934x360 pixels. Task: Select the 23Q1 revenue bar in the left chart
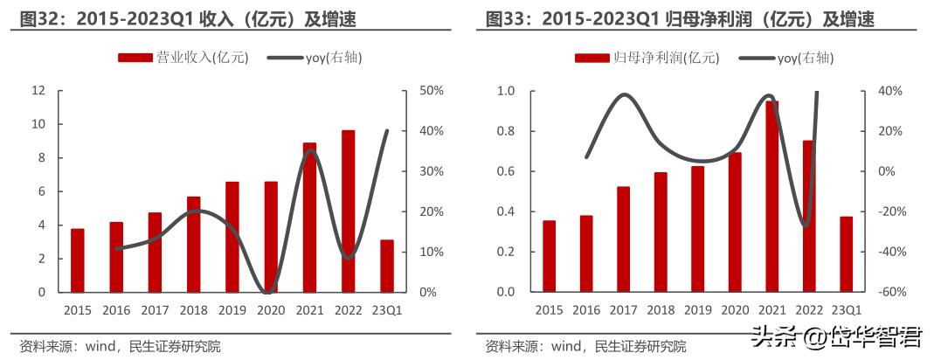(x=386, y=266)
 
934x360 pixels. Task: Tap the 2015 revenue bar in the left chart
(x=77, y=260)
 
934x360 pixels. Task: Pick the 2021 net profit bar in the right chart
(x=771, y=197)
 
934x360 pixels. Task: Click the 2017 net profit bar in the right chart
(x=622, y=239)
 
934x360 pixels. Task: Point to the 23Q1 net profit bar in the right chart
(x=846, y=254)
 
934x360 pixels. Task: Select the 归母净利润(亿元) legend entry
(x=647, y=58)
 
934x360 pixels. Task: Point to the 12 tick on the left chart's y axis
(x=38, y=91)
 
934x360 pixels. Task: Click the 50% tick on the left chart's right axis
(x=432, y=91)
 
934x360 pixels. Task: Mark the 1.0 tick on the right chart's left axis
(x=505, y=91)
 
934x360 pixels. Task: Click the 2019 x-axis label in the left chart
(x=231, y=310)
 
